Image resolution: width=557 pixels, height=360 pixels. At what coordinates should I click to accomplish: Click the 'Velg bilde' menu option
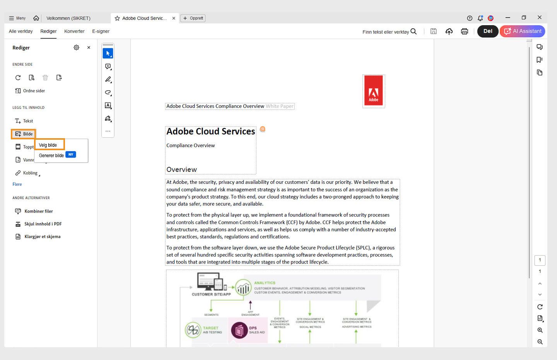pos(48,145)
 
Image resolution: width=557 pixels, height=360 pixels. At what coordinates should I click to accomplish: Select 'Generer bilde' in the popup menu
pos(51,156)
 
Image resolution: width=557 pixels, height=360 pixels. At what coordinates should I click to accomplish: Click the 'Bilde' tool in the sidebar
pos(24,134)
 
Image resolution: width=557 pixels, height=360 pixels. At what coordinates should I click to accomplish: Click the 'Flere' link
pos(17,184)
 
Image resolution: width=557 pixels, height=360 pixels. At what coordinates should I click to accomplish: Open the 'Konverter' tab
pos(74,31)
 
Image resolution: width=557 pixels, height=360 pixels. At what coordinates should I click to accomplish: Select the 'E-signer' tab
pos(101,31)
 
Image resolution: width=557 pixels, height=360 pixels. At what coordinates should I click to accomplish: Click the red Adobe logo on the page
pos(373,91)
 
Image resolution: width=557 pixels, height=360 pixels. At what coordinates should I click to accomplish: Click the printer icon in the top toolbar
pos(465,31)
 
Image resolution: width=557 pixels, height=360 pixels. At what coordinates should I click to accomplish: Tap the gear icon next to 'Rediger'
pos(76,48)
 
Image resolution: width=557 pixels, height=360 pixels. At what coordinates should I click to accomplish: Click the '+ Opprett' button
pos(193,18)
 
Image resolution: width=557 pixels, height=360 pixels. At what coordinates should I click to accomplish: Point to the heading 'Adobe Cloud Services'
pos(210,132)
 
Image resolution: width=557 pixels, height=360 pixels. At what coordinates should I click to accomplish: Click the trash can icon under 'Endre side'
pos(45,78)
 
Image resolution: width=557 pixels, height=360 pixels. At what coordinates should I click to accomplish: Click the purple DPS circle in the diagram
pos(239,330)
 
